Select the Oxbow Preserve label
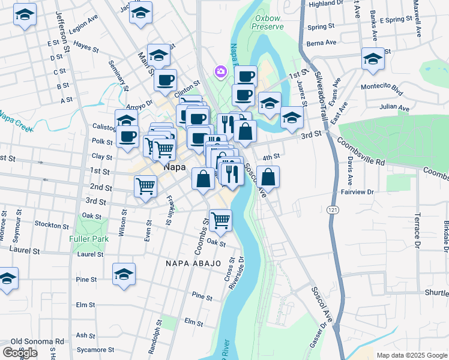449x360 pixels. click(268, 22)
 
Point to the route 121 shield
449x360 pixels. click(332, 210)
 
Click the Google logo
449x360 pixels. click(20, 353)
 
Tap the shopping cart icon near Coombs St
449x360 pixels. click(220, 220)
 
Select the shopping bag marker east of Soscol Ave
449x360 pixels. click(269, 177)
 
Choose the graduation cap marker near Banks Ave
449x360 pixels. click(372, 59)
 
